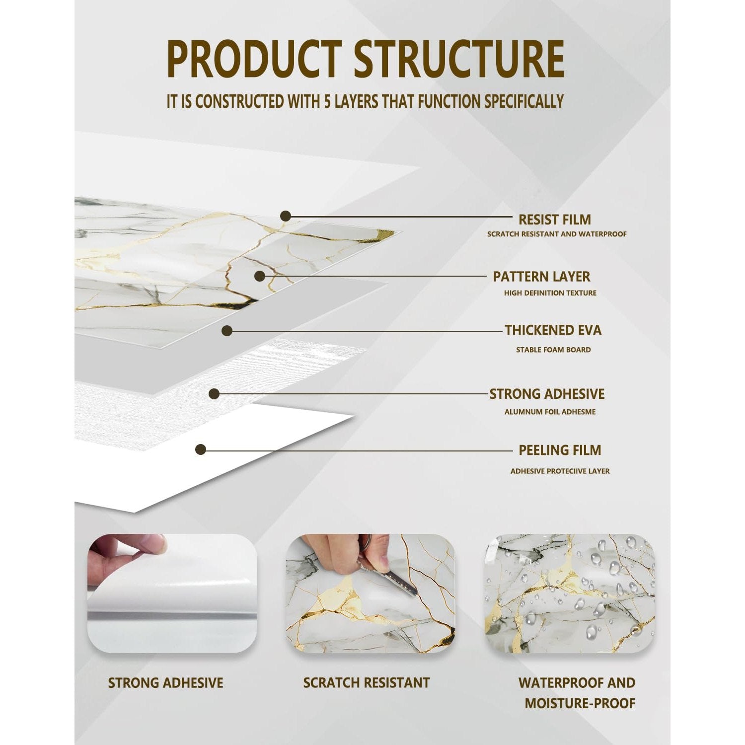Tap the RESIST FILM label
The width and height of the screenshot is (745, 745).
point(555,220)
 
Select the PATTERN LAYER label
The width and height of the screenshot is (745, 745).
point(541,277)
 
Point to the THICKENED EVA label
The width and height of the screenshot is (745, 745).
point(553,330)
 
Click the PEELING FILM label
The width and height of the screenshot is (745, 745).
point(560,450)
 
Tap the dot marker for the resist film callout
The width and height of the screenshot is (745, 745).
point(285,216)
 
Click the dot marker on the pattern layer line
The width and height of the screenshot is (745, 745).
point(259,276)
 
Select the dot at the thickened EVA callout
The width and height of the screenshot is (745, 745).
point(227,331)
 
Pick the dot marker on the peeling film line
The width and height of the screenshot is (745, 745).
point(201,450)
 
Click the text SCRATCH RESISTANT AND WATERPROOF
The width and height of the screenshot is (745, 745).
point(557,234)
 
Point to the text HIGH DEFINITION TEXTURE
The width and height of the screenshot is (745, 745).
point(550,293)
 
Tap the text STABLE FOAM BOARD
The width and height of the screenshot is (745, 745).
point(553,350)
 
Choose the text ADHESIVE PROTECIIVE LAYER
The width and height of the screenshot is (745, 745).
point(560,471)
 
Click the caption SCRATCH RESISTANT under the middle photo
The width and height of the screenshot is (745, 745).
point(367,683)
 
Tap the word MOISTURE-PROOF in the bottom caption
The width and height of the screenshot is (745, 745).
point(580,703)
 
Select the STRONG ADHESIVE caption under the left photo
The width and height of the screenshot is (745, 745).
point(165,683)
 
